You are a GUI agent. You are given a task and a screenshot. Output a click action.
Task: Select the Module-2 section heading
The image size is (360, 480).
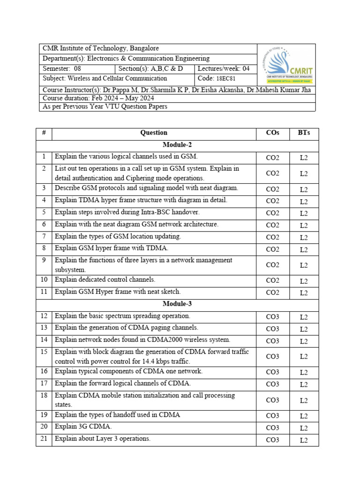click(x=177, y=145)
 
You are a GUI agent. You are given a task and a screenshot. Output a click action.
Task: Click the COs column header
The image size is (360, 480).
click(x=272, y=133)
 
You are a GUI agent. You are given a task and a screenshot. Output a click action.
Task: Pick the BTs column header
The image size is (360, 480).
click(x=303, y=133)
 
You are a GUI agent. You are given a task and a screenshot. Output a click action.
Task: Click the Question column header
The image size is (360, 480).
click(x=154, y=133)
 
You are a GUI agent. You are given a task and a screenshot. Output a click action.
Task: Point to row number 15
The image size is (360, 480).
click(x=44, y=352)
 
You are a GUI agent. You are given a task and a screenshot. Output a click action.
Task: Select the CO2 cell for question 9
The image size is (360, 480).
click(x=272, y=265)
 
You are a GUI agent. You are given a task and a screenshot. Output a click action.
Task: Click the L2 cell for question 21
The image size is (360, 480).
click(x=303, y=440)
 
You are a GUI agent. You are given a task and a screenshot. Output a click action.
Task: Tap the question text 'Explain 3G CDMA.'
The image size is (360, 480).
click(x=83, y=427)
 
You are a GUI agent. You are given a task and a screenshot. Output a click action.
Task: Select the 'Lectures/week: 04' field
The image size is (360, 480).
click(x=224, y=69)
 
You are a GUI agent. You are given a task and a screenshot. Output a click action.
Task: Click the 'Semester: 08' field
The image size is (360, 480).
click(x=62, y=69)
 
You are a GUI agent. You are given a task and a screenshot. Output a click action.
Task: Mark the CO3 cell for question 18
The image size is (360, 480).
click(x=272, y=400)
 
